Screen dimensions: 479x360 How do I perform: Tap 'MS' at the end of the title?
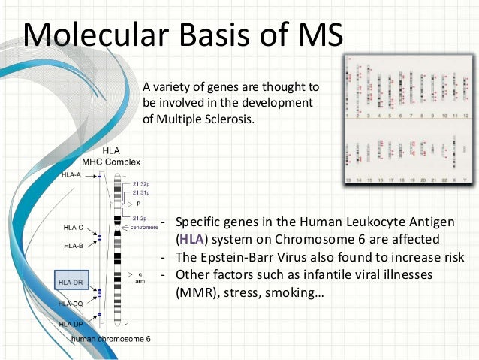[316, 35]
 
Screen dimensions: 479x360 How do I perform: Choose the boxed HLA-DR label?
[71, 282]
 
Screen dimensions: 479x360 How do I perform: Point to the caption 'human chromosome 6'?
[111, 339]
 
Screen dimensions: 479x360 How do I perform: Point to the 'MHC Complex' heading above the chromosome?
[111, 162]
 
